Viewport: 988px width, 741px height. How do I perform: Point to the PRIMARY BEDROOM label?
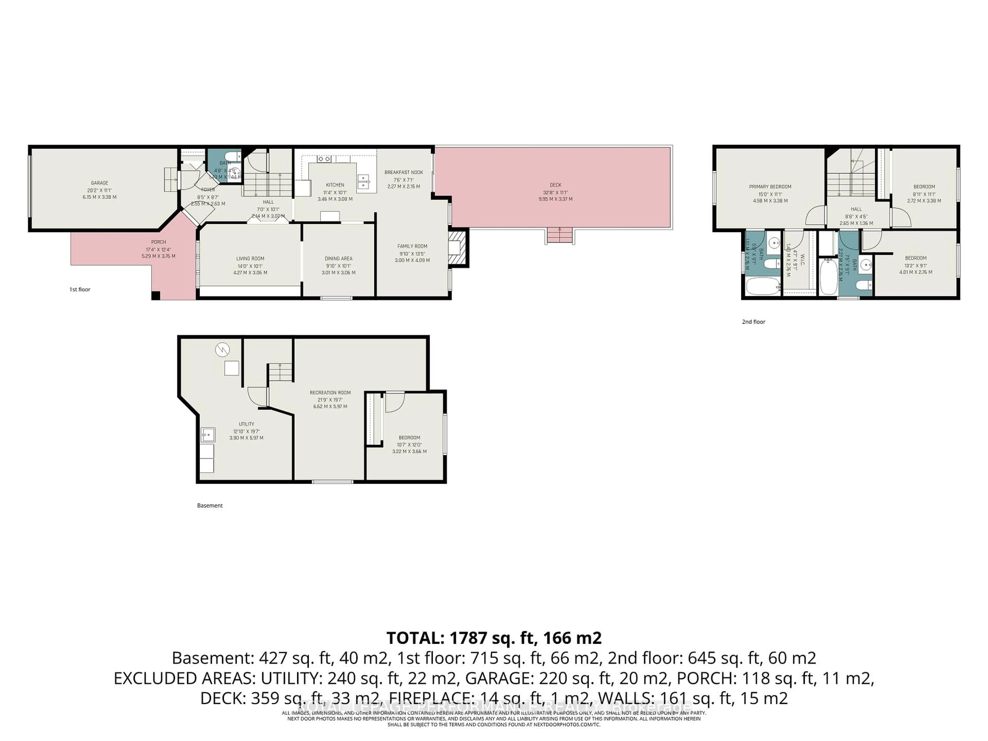click(770, 187)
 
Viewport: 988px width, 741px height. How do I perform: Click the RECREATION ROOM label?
click(330, 393)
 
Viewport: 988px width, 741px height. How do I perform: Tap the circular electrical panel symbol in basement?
click(222, 349)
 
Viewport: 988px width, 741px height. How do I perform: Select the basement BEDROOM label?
click(409, 438)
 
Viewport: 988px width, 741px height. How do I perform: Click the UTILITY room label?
click(246, 424)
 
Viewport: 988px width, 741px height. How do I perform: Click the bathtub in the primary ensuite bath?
click(762, 286)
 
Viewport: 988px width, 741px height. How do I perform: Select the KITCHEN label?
click(335, 185)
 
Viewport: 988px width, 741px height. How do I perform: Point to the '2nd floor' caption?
click(754, 322)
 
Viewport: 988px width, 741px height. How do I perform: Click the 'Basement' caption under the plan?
click(209, 506)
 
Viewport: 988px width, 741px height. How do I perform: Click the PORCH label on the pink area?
click(158, 242)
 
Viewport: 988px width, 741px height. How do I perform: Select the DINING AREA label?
click(338, 259)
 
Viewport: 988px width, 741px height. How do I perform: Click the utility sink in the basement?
click(208, 434)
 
